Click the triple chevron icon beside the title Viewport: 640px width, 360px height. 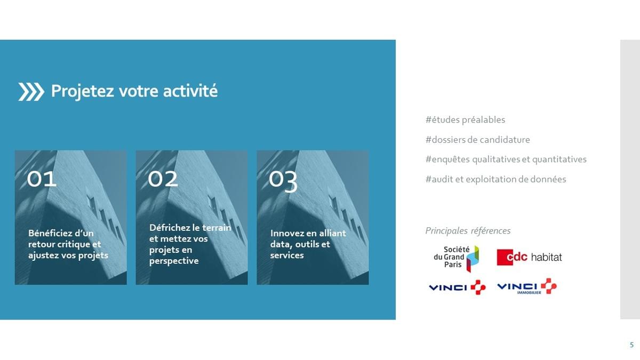coord(31,92)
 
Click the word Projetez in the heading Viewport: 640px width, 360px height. coord(83,91)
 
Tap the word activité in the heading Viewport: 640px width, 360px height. coord(190,91)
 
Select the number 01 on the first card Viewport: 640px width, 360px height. coord(42,179)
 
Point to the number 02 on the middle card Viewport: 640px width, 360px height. coord(163,179)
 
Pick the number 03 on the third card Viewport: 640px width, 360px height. coord(283,181)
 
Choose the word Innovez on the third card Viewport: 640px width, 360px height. coord(287,233)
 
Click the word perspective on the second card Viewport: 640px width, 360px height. coord(174,261)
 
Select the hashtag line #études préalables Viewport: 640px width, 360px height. coord(465,119)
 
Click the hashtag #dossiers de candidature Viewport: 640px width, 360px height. coord(477,140)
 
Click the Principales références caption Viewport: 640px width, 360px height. coord(468,231)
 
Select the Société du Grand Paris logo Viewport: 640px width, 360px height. coord(457,259)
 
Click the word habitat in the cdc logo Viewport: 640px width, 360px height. coord(547,257)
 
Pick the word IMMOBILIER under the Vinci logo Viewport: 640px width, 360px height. coord(529,293)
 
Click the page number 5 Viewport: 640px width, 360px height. coord(631,345)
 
